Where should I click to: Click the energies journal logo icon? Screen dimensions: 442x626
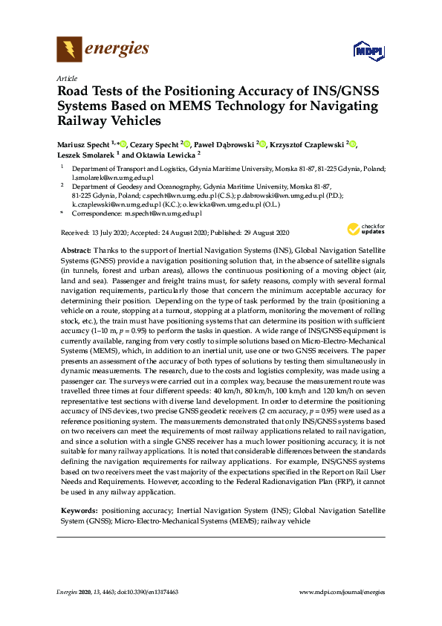pyautogui.click(x=69, y=51)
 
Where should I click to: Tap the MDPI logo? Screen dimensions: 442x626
pyautogui.click(x=368, y=51)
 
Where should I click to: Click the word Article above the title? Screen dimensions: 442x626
pyautogui.click(x=67, y=77)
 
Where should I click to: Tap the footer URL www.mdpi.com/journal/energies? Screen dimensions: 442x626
pyautogui.click(x=342, y=592)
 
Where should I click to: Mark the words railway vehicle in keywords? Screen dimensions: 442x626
pyautogui.click(x=285, y=521)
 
